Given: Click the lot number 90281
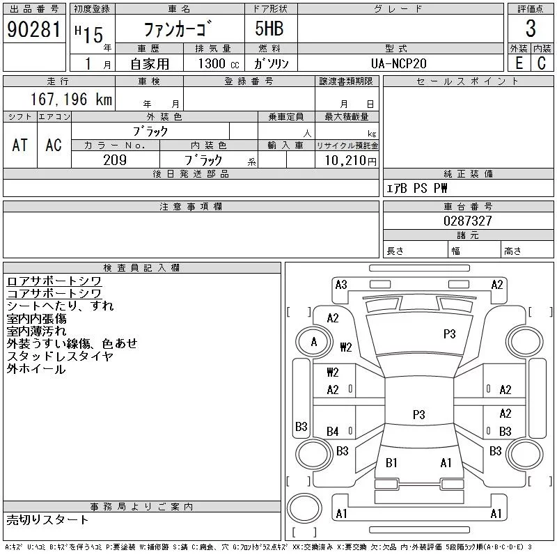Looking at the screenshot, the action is (x=33, y=29).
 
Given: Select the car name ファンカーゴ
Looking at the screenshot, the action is (x=178, y=29).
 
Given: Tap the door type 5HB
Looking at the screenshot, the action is (x=269, y=29).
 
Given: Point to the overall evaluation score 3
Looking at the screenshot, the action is (x=531, y=29).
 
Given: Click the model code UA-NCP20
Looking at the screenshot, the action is (x=398, y=63).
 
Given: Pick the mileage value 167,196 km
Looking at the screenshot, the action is (x=71, y=99).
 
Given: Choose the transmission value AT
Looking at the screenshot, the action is (x=19, y=145).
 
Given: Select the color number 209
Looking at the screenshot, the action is (x=115, y=160).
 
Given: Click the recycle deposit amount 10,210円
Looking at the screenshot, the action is (x=350, y=160).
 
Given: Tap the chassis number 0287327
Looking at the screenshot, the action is (x=468, y=221).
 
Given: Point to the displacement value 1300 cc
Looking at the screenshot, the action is (x=219, y=63).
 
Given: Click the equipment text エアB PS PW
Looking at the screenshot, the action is (x=416, y=188).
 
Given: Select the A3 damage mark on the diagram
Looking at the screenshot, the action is (x=341, y=285).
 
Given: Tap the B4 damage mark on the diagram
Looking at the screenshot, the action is (x=333, y=432).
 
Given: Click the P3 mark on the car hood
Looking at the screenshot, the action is (x=449, y=334).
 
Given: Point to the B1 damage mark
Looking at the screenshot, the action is (x=391, y=462).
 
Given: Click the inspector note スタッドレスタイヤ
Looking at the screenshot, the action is (x=60, y=356).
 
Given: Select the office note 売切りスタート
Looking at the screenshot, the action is (x=47, y=519).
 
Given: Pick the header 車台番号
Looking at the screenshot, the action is (x=468, y=206).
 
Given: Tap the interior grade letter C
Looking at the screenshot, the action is (x=542, y=63).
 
